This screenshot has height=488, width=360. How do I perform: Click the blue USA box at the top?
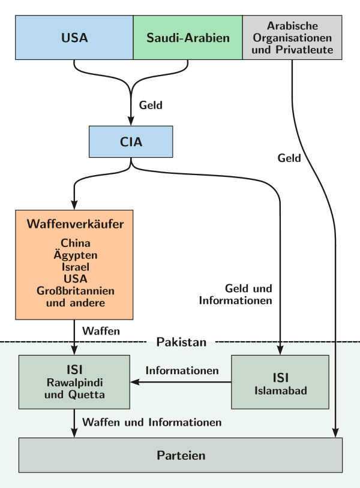(74, 38)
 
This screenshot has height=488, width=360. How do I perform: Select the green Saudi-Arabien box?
(188, 38)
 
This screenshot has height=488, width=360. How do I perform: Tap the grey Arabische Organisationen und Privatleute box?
(292, 38)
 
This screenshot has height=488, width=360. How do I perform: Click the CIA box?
(131, 142)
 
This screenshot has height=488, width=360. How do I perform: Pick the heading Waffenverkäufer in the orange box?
(75, 225)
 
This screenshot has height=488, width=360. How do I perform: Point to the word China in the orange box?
(75, 243)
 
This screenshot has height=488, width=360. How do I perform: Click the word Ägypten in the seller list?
(75, 255)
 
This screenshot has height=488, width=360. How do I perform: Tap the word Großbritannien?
(75, 291)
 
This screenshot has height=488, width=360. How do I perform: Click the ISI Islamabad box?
(280, 382)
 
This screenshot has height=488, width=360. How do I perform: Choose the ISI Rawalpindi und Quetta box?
(74, 382)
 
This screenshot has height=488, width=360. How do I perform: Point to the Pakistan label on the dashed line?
(181, 342)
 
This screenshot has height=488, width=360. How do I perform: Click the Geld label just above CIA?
(151, 105)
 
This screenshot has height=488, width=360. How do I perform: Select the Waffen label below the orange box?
(101, 330)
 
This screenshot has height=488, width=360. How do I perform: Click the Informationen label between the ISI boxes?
(182, 370)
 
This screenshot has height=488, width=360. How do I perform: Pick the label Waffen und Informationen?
(152, 422)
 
